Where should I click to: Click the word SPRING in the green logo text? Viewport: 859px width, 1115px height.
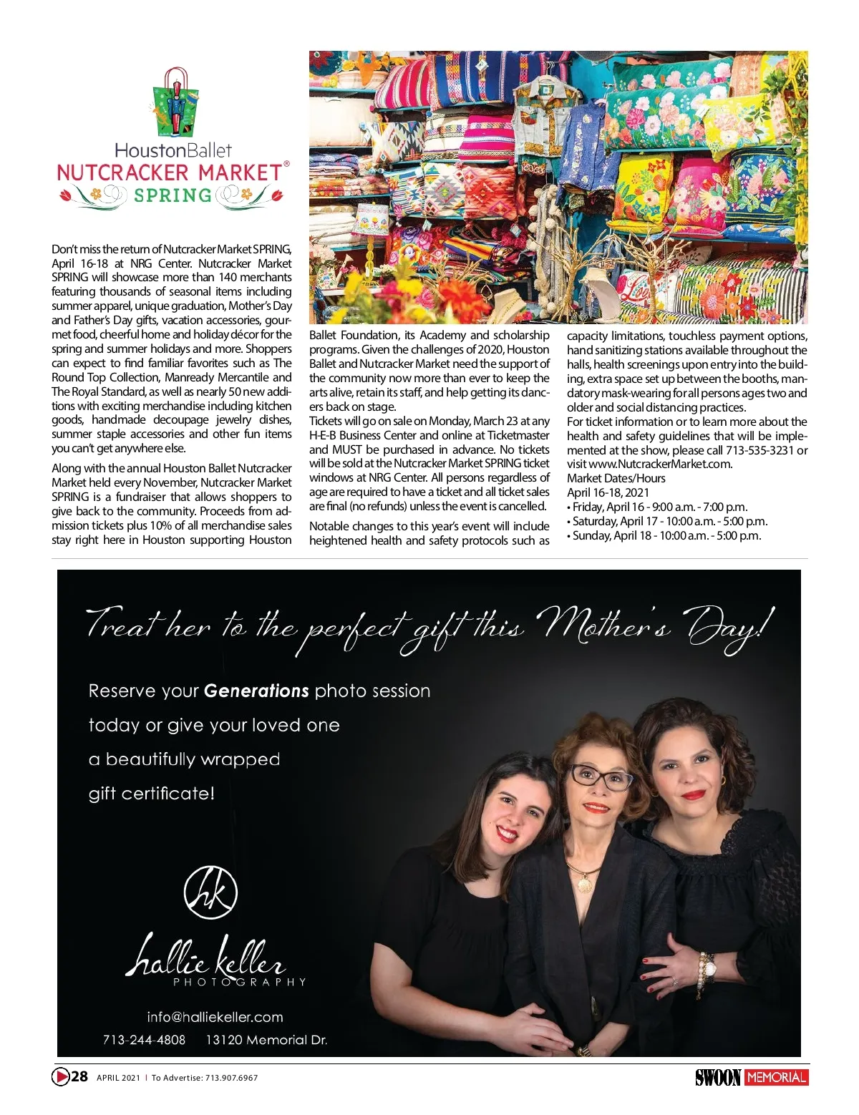pyautogui.click(x=173, y=195)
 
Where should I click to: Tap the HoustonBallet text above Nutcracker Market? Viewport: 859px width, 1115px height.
pyautogui.click(x=173, y=150)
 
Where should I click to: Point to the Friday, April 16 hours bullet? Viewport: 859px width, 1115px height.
pyautogui.click(x=657, y=507)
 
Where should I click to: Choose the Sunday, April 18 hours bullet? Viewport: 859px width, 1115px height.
pyautogui.click(x=664, y=535)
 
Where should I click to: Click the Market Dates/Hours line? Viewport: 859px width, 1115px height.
pyautogui.click(x=616, y=478)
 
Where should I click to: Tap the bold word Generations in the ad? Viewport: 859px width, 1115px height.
pyautogui.click(x=256, y=691)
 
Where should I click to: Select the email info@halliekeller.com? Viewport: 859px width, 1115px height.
pyautogui.click(x=215, y=1017)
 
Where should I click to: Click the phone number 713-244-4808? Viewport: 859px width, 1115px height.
pyautogui.click(x=144, y=1040)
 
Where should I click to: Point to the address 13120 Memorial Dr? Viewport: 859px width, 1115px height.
pyautogui.click(x=266, y=1040)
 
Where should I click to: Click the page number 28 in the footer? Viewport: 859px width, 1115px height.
pyautogui.click(x=79, y=1076)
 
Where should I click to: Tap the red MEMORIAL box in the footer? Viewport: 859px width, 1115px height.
pyautogui.click(x=776, y=1077)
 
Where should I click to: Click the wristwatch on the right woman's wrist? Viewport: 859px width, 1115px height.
pyautogui.click(x=709, y=970)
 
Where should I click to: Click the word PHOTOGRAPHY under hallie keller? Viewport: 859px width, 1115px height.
pyautogui.click(x=239, y=982)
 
